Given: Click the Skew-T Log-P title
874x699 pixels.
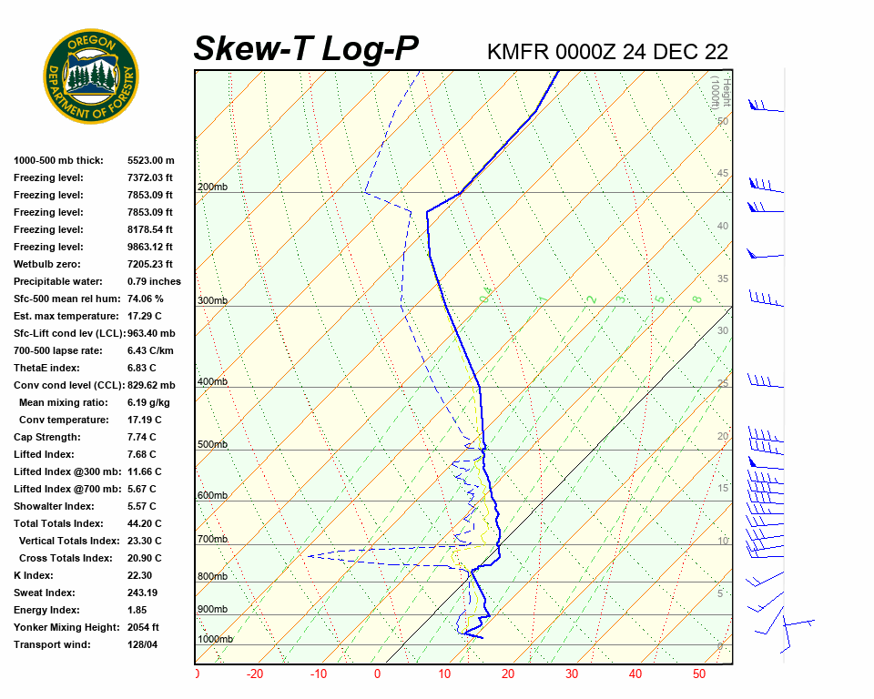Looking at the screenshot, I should (307, 48).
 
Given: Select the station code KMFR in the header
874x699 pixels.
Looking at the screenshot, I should (518, 52).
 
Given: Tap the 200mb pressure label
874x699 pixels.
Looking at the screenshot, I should (212, 187).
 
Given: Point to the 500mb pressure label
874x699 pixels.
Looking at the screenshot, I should (212, 445).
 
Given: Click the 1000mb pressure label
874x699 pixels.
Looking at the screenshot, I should (215, 640).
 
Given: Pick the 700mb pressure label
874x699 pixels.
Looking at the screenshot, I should (212, 540).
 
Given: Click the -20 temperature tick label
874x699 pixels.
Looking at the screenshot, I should (255, 674).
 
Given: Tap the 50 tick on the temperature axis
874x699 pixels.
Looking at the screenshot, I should (699, 674).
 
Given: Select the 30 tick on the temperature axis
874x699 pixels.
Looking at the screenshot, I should (572, 674).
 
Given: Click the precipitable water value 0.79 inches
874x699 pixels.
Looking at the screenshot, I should (154, 281).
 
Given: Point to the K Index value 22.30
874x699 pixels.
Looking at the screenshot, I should (140, 575).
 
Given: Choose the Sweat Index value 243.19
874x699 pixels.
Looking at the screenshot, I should (143, 593).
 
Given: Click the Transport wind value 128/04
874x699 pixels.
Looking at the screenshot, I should (143, 644).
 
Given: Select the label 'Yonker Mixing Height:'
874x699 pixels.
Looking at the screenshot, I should (64, 627).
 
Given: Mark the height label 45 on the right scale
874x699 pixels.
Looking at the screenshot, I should (723, 174).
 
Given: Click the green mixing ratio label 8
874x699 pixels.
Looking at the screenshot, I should (696, 299).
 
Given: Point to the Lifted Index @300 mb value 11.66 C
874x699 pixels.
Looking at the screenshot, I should (144, 471).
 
